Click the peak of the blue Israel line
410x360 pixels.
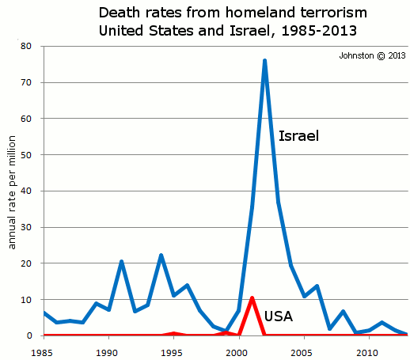tap(264, 60)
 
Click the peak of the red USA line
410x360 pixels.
tap(252, 298)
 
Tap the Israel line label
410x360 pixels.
tap(298, 136)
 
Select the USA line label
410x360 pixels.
tap(278, 316)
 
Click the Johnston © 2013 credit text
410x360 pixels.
tap(372, 55)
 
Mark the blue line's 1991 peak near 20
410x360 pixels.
tap(122, 261)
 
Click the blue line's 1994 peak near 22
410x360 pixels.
tap(161, 256)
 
